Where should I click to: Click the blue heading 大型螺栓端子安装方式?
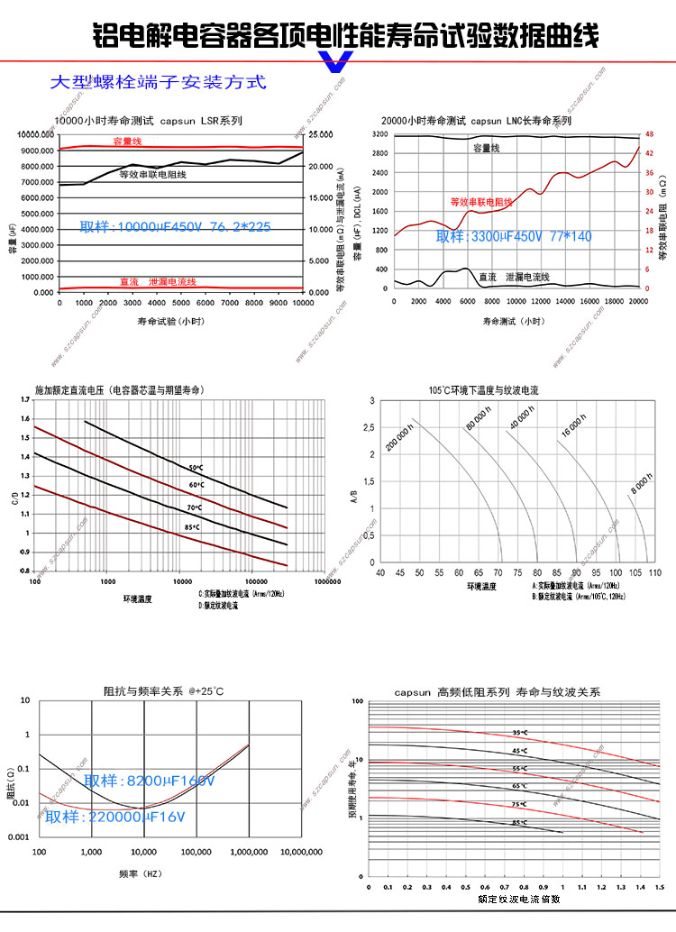(158, 82)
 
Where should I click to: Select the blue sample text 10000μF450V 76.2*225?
(176, 226)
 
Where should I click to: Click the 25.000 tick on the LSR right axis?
(321, 134)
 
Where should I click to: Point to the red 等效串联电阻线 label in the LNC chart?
(481, 202)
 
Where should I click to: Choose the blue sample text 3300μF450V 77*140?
(514, 236)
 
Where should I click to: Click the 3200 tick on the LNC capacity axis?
(379, 134)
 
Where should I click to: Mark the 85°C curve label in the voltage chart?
(193, 526)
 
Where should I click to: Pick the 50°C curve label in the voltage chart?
(196, 468)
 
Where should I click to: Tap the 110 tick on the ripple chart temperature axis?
(655, 572)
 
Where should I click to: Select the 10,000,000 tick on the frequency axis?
(301, 852)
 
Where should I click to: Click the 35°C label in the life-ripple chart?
(518, 733)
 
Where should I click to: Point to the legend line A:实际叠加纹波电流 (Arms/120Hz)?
(574, 586)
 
